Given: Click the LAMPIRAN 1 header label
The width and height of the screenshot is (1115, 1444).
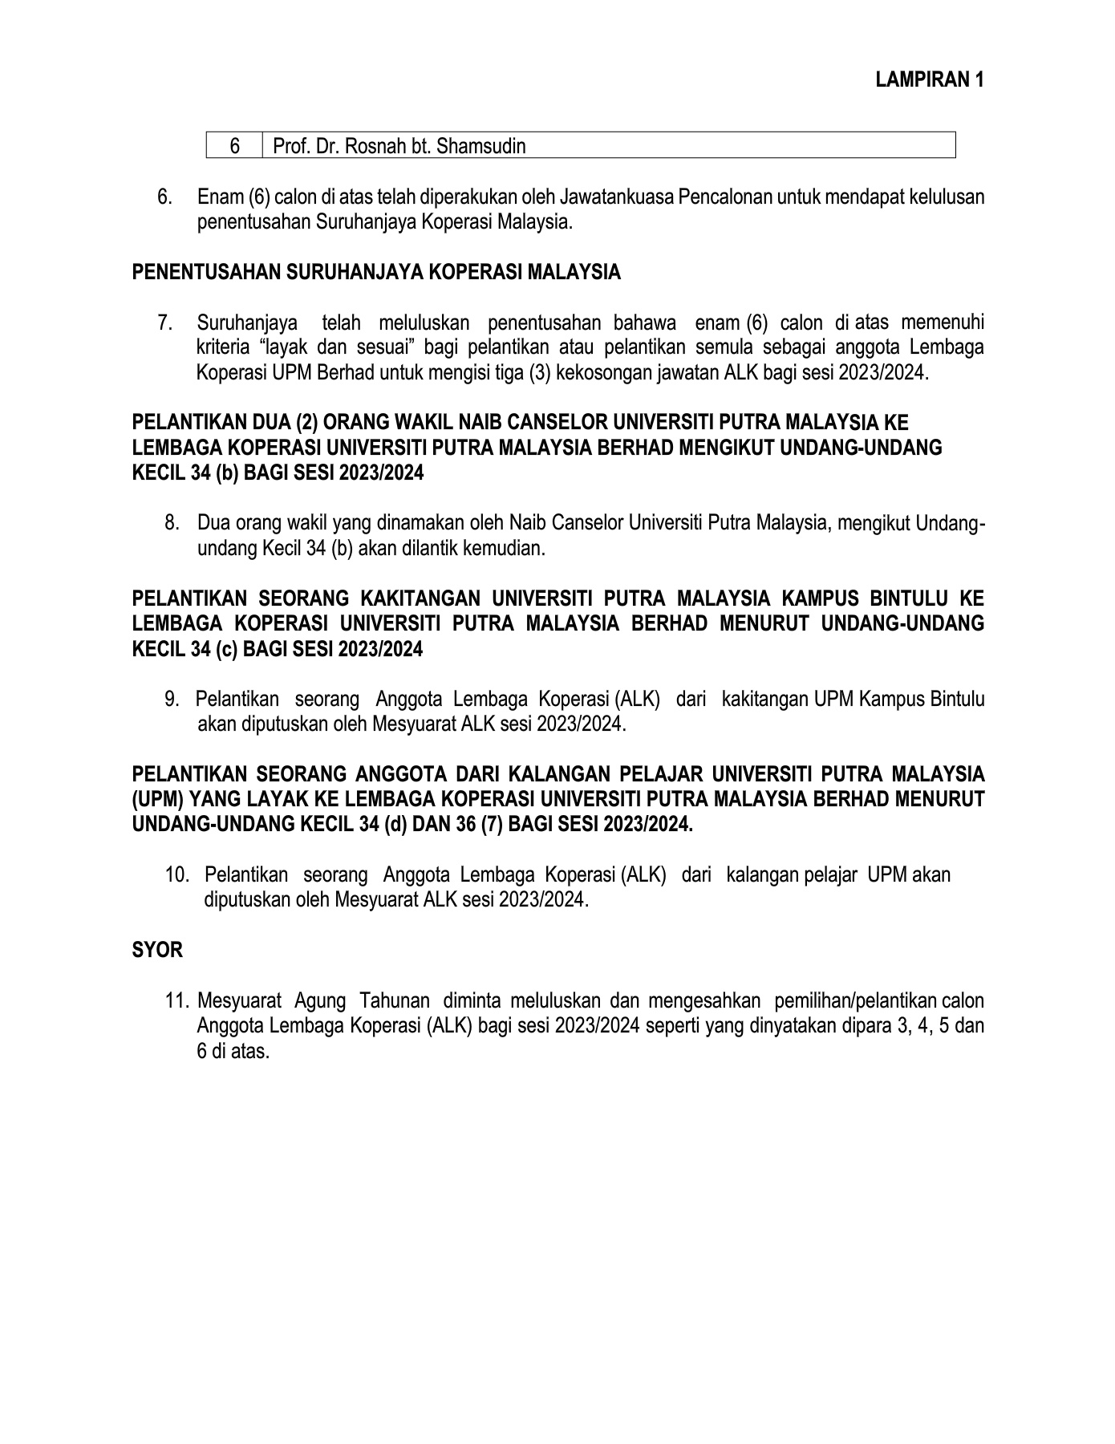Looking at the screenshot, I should coord(930,79).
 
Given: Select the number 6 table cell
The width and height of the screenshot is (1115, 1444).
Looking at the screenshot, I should coord(234,146).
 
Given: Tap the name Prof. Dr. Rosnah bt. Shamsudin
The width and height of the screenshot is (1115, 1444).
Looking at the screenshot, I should coord(399,146).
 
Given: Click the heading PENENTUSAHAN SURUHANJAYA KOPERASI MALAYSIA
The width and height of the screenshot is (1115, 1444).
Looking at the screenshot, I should coord(376,272).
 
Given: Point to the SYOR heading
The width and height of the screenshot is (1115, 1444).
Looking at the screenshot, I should coord(157,951).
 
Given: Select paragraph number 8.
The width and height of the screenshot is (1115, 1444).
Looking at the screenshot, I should coord(171,524).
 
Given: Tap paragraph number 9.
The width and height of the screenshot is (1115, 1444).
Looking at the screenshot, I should coord(171,700).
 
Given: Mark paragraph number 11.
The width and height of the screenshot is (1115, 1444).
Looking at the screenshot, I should coord(177,1001).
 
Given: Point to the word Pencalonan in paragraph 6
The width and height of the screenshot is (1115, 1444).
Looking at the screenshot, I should coord(724,197).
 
